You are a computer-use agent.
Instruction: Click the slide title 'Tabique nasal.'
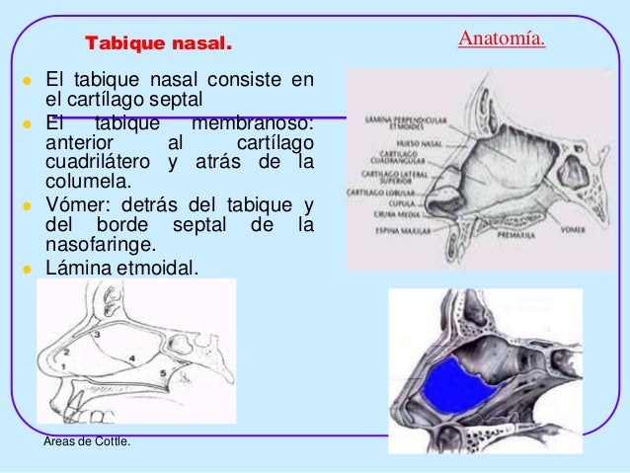(159, 44)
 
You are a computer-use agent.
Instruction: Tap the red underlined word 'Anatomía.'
(502, 39)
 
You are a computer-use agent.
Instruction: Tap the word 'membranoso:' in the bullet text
(253, 124)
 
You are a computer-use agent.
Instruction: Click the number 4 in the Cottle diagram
(131, 356)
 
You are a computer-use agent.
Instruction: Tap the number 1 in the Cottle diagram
(60, 366)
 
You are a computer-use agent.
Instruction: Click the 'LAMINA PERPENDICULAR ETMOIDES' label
(393, 120)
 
